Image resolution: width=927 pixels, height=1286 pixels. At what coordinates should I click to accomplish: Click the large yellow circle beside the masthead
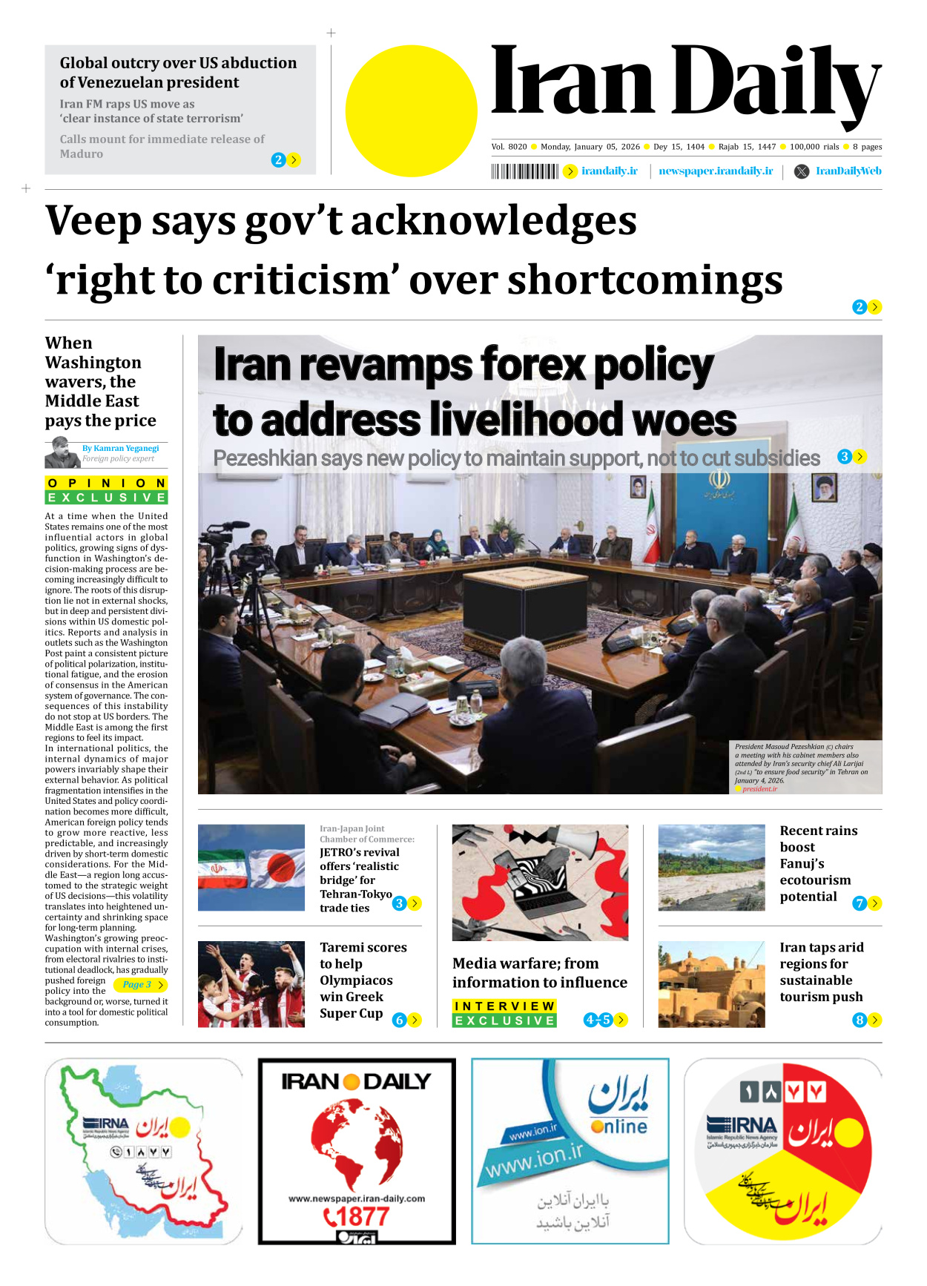pyautogui.click(x=411, y=111)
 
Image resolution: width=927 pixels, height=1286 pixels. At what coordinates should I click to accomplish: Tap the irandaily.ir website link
pyautogui.click(x=609, y=171)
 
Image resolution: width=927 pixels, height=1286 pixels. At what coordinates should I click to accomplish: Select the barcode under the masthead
pyautogui.click(x=524, y=172)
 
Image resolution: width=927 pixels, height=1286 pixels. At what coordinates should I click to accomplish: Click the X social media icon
pyautogui.click(x=802, y=171)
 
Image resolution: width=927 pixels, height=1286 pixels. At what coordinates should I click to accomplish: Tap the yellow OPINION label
pyautogui.click(x=106, y=484)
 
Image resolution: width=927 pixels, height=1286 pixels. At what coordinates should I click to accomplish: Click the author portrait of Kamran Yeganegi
pyautogui.click(x=62, y=452)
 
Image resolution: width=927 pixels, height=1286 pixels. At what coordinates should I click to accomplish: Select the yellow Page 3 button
pyautogui.click(x=140, y=985)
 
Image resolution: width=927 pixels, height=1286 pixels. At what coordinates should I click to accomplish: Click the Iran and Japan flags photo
pyautogui.click(x=251, y=867)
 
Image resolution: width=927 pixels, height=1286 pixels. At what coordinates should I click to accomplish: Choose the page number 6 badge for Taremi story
pyautogui.click(x=399, y=1020)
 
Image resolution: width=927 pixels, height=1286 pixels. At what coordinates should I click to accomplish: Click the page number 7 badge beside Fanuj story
pyautogui.click(x=860, y=903)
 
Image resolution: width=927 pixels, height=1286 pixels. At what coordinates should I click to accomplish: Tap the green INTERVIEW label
pyautogui.click(x=504, y=1006)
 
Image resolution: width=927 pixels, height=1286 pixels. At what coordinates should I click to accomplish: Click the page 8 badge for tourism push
pyautogui.click(x=860, y=1020)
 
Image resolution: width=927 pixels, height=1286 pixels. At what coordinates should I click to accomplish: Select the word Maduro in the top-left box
pyautogui.click(x=82, y=154)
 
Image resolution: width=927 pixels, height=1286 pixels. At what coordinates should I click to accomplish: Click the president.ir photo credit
pyautogui.click(x=759, y=789)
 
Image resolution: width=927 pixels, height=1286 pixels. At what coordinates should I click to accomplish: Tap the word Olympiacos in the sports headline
pyautogui.click(x=356, y=980)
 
